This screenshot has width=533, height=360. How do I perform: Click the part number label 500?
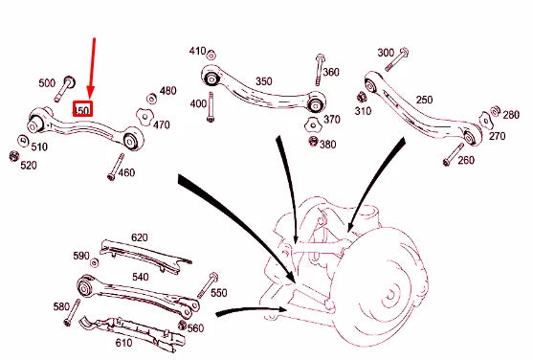tap(47, 83)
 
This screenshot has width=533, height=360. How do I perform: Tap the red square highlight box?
tap(83, 110)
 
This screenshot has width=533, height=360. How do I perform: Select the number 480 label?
tap(167, 91)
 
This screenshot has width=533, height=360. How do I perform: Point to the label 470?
tap(162, 124)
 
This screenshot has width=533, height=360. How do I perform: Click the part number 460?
tap(125, 172)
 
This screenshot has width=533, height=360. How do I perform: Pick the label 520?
tap(29, 166)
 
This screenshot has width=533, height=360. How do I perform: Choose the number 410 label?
tap(197, 50)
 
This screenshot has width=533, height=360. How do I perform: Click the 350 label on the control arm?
tap(263, 81)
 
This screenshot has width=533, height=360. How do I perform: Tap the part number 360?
tap(330, 73)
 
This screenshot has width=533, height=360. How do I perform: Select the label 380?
tap(328, 145)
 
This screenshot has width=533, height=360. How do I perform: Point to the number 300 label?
tap(386, 52)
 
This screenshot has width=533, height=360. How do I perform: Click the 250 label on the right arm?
tap(424, 100)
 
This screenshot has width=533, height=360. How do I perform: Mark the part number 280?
tap(511, 114)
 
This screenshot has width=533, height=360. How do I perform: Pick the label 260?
tap(466, 160)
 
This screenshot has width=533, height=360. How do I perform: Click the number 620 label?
tap(140, 237)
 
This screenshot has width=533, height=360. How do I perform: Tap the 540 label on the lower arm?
tap(141, 277)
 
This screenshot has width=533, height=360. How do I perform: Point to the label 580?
tap(62, 306)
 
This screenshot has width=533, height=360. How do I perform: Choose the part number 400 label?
tap(197, 103)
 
